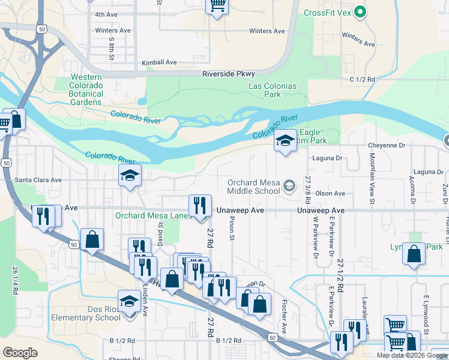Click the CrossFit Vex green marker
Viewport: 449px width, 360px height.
coord(360,11)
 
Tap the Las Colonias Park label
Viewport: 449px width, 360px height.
coord(273,90)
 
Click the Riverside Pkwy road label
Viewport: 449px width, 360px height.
coord(229,74)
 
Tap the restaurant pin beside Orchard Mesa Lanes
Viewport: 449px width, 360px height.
coord(200,206)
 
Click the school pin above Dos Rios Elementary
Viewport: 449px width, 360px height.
coord(129,302)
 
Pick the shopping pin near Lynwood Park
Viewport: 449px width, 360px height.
coord(414,254)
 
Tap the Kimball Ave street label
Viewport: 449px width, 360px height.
coord(159,62)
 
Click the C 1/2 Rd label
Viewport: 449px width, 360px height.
coord(362,79)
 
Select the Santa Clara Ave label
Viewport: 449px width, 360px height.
coord(38,179)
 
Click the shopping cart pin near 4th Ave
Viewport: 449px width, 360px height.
coord(217,5)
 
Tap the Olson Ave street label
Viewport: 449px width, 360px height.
coord(330,193)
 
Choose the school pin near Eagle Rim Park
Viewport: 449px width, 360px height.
coord(285,141)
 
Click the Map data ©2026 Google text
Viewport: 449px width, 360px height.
coord(412,355)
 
